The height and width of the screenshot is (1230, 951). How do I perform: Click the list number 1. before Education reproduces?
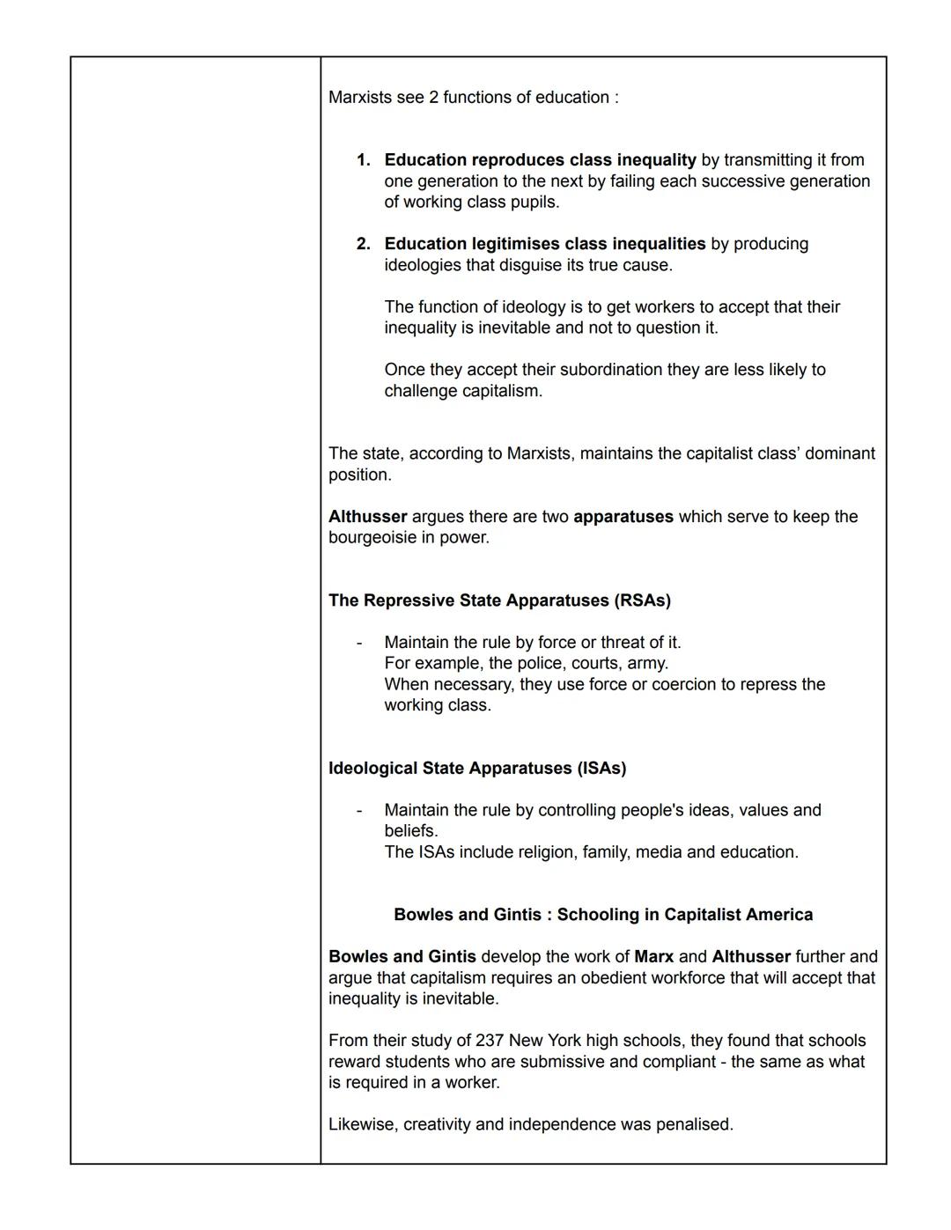click(363, 160)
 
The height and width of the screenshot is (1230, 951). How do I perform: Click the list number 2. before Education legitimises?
click(363, 244)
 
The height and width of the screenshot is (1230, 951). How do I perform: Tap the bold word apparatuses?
click(623, 517)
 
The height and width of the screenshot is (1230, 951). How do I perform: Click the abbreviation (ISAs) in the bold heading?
click(601, 769)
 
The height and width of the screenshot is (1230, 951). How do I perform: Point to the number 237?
click(490, 1041)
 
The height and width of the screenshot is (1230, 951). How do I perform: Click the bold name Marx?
click(653, 957)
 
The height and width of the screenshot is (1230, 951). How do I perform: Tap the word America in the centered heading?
click(778, 915)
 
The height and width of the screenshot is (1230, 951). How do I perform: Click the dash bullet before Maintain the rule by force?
click(358, 643)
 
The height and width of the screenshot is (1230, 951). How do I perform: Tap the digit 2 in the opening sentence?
click(433, 98)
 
